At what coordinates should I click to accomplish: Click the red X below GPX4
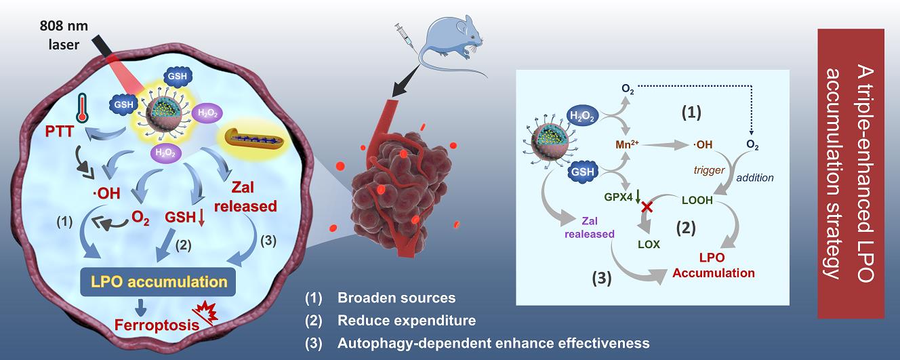647,207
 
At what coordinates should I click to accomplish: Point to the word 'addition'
754,178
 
